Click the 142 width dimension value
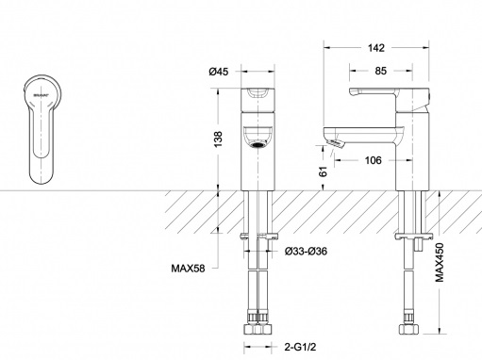coord(376,48)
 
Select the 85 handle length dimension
coord(380,71)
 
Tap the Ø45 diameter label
coord(219,72)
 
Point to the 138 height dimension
coord(218,139)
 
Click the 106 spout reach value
coord(373,160)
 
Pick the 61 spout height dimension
coord(323,172)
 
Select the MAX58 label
coord(188,269)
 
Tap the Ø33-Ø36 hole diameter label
coord(306,252)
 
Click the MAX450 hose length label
coord(440,262)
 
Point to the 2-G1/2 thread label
coord(300,347)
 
